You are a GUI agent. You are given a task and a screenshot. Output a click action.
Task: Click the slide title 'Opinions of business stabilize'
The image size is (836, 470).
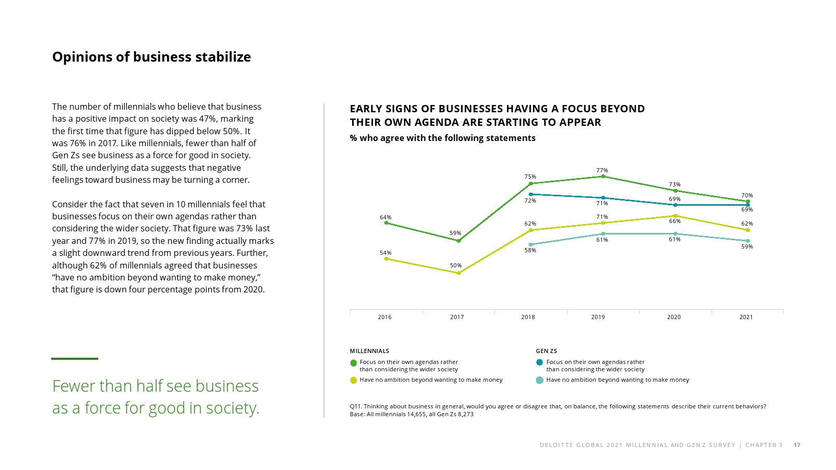pyautogui.click(x=152, y=57)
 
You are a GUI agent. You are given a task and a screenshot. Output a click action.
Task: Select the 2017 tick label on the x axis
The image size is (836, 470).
pyautogui.click(x=457, y=317)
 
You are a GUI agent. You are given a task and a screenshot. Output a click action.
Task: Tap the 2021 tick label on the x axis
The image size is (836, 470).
pyautogui.click(x=746, y=317)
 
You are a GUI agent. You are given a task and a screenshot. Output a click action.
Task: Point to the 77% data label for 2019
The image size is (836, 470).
pyautogui.click(x=602, y=170)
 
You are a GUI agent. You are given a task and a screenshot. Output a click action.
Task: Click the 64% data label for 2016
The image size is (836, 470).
pyautogui.click(x=386, y=217)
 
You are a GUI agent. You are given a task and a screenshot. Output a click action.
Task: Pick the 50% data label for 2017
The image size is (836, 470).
pyautogui.click(x=456, y=265)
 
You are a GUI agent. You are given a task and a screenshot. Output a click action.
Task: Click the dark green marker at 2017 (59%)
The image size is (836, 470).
pyautogui.click(x=459, y=241)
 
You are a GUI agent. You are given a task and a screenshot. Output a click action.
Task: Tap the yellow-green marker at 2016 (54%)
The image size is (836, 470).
pyautogui.click(x=387, y=258)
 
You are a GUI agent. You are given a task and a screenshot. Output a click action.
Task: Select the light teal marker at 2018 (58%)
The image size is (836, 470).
pyautogui.click(x=531, y=244)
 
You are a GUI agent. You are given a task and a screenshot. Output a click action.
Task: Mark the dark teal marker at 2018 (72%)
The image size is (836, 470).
pyautogui.click(x=531, y=194)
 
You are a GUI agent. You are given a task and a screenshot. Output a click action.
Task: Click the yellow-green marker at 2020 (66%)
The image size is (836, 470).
pyautogui.click(x=676, y=216)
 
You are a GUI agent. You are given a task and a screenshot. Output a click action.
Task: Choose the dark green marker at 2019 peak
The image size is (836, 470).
pyautogui.click(x=603, y=177)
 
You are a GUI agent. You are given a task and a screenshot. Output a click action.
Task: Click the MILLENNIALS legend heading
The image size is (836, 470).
pyautogui.click(x=369, y=351)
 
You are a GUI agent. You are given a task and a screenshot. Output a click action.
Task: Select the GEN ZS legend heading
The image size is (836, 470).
pyautogui.click(x=546, y=351)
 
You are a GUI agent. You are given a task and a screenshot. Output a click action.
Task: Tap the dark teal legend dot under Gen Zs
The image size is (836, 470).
pyautogui.click(x=540, y=362)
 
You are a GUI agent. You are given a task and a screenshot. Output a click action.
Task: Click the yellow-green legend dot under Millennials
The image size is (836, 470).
pyautogui.click(x=353, y=380)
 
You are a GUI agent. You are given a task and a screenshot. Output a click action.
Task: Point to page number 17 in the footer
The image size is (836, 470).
pyautogui.click(x=797, y=445)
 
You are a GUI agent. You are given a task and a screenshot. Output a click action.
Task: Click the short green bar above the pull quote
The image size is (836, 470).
pyautogui.click(x=75, y=359)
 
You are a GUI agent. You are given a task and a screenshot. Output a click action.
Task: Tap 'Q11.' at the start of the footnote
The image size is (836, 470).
pyautogui.click(x=355, y=406)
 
